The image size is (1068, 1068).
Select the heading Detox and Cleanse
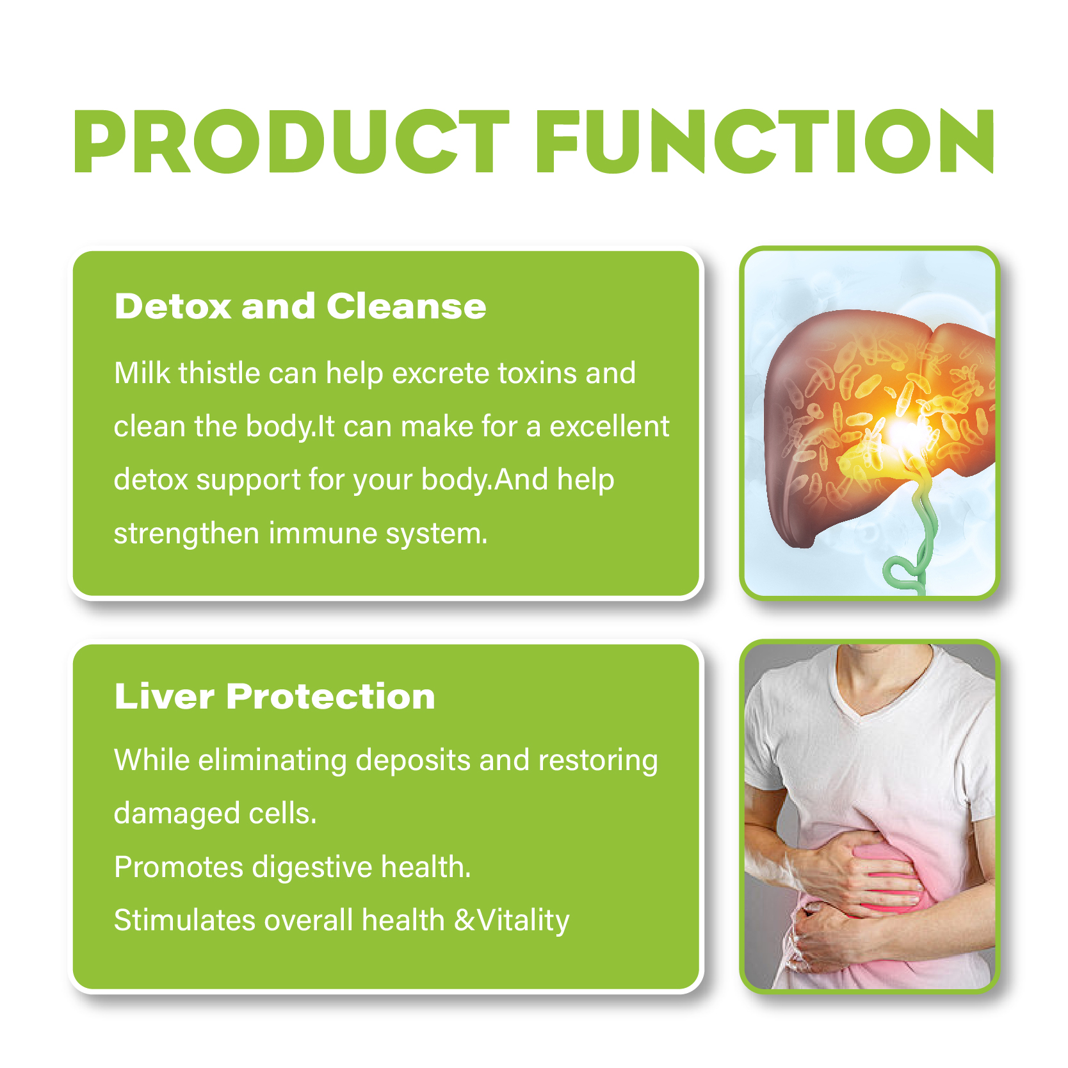[x=300, y=306]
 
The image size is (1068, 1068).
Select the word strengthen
[x=186, y=533]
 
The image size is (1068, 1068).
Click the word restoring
[x=598, y=760]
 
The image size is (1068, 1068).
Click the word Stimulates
[x=184, y=920]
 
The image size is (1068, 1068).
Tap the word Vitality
[x=524, y=920]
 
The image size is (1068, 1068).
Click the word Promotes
[x=179, y=867]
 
